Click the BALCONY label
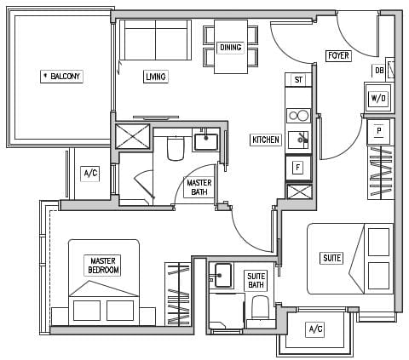pos(61,77)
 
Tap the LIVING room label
pos(156,77)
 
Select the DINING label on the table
pos(231,47)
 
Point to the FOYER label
pos(338,55)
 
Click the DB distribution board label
pos(379,71)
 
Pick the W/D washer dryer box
pos(378,98)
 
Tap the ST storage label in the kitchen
pos(298,80)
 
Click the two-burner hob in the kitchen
pos(298,116)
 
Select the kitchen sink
pos(298,140)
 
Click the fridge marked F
pos(298,168)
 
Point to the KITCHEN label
pos(266,140)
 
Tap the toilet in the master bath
pos(176,149)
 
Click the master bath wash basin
pos(206,142)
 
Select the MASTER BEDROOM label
pos(103,266)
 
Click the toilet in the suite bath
pos(261,307)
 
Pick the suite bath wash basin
pos(223,276)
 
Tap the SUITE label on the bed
pos(331,258)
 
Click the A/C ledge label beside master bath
pos(90,173)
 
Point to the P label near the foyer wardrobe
pos(378,131)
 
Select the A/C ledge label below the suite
pos(315,329)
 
